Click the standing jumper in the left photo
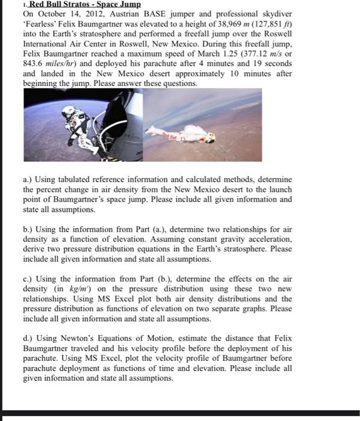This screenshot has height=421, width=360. pos(70,119)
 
